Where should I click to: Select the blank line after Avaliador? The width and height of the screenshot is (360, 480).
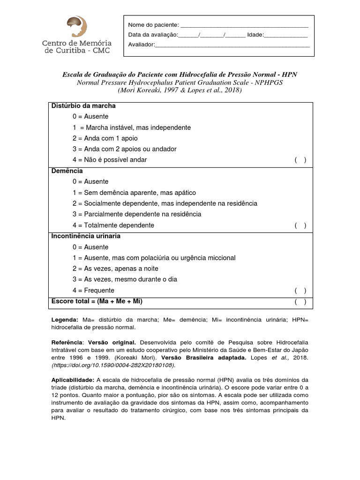click(x=232, y=46)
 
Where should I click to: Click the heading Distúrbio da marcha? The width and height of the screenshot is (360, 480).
click(x=83, y=106)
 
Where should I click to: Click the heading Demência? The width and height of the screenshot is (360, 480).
click(x=67, y=171)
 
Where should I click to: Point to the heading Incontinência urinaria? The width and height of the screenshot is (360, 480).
click(x=86, y=236)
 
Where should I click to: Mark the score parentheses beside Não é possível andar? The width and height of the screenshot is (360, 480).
click(x=300, y=160)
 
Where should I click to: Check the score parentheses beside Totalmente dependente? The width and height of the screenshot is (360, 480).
click(x=300, y=225)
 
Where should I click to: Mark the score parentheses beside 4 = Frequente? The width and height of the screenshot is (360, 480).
click(x=300, y=291)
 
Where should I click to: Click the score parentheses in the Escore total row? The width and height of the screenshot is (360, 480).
click(x=300, y=302)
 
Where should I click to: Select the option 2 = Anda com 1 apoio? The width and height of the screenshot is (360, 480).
click(x=105, y=138)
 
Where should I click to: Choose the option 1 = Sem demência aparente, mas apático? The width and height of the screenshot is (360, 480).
click(x=134, y=193)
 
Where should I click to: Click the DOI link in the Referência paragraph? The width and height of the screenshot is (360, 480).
click(x=113, y=365)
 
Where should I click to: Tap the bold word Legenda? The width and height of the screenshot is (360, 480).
click(x=65, y=320)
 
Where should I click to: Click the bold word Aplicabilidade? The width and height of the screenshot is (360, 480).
click(x=73, y=380)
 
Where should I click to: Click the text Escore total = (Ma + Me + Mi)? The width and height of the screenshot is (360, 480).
click(x=97, y=301)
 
